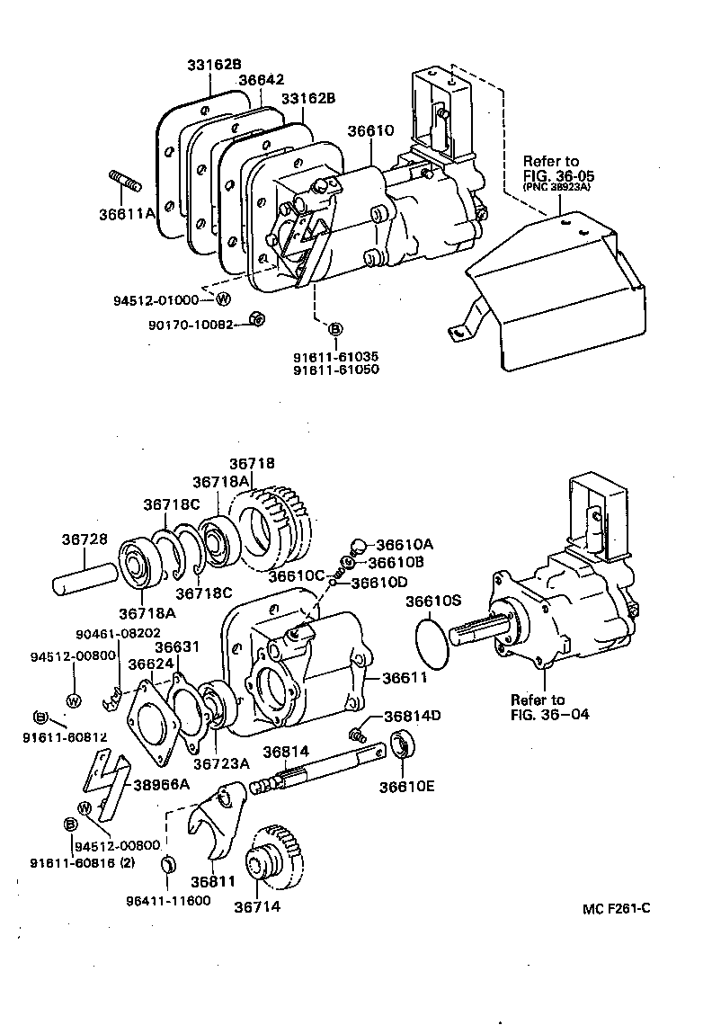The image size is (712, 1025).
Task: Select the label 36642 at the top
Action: (x=261, y=80)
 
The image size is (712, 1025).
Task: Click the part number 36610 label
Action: (x=371, y=130)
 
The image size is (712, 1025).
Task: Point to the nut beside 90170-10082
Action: (x=254, y=318)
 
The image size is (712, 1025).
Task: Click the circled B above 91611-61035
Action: (x=334, y=330)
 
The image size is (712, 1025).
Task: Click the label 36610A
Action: (x=405, y=545)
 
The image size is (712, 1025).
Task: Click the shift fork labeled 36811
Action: (x=212, y=822)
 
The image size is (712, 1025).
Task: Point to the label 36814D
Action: (x=412, y=717)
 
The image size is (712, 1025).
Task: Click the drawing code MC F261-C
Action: (x=616, y=908)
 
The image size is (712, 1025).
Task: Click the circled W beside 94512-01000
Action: (x=223, y=299)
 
